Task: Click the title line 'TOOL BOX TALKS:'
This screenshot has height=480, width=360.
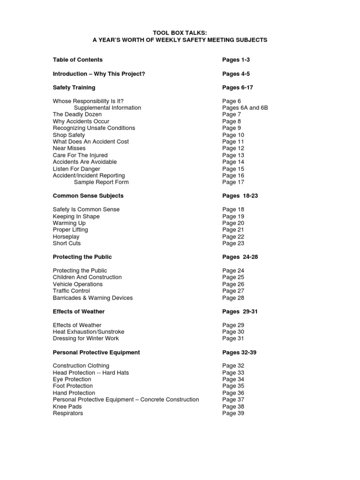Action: pyautogui.click(x=180, y=33)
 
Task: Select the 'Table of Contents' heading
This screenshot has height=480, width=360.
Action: pyautogui.click(x=77, y=60)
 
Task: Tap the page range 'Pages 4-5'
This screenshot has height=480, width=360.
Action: pyautogui.click(x=236, y=74)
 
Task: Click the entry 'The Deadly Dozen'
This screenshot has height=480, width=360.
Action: pyautogui.click(x=77, y=114)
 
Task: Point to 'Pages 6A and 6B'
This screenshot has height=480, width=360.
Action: pyautogui.click(x=245, y=108)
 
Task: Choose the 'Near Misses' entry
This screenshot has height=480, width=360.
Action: pyautogui.click(x=69, y=148)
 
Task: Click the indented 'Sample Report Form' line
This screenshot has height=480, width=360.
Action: pyautogui.click(x=101, y=182)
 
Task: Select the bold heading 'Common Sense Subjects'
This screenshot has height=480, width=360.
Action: pyautogui.click(x=88, y=196)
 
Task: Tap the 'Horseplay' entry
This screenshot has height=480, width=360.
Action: pyautogui.click(x=66, y=237)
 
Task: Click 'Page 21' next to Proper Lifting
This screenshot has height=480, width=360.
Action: pyautogui.click(x=233, y=230)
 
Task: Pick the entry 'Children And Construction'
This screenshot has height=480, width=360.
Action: pyautogui.click(x=87, y=277)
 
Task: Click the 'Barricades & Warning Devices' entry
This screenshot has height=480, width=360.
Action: pyautogui.click(x=92, y=298)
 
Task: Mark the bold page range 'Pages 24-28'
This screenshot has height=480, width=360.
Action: pyautogui.click(x=240, y=257)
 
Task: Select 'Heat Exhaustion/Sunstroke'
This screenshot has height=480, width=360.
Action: pyautogui.click(x=88, y=332)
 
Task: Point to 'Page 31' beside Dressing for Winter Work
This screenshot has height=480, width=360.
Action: pyautogui.click(x=233, y=338)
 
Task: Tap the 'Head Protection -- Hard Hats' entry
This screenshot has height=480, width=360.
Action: pyautogui.click(x=90, y=373)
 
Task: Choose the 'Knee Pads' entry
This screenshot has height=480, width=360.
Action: pyautogui.click(x=67, y=407)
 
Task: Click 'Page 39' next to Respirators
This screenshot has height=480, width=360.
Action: pyautogui.click(x=233, y=413)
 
